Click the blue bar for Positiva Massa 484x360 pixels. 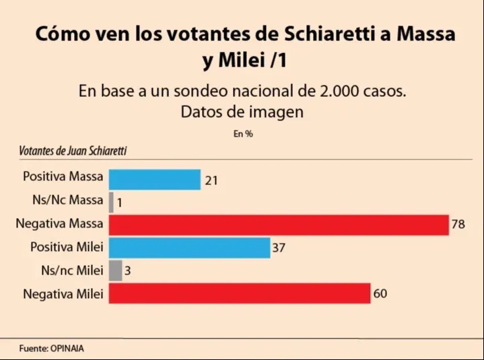tap(154, 179)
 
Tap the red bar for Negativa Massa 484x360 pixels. tap(278, 225)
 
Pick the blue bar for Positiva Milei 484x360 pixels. tap(189, 248)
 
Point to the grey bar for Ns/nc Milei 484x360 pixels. tap(115, 271)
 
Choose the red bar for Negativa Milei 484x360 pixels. tap(240, 293)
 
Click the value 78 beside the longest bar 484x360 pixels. tap(458, 225)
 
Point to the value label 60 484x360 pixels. tap(380, 293)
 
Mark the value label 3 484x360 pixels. tap(127, 271)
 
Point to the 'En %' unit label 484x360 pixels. tap(243, 133)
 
